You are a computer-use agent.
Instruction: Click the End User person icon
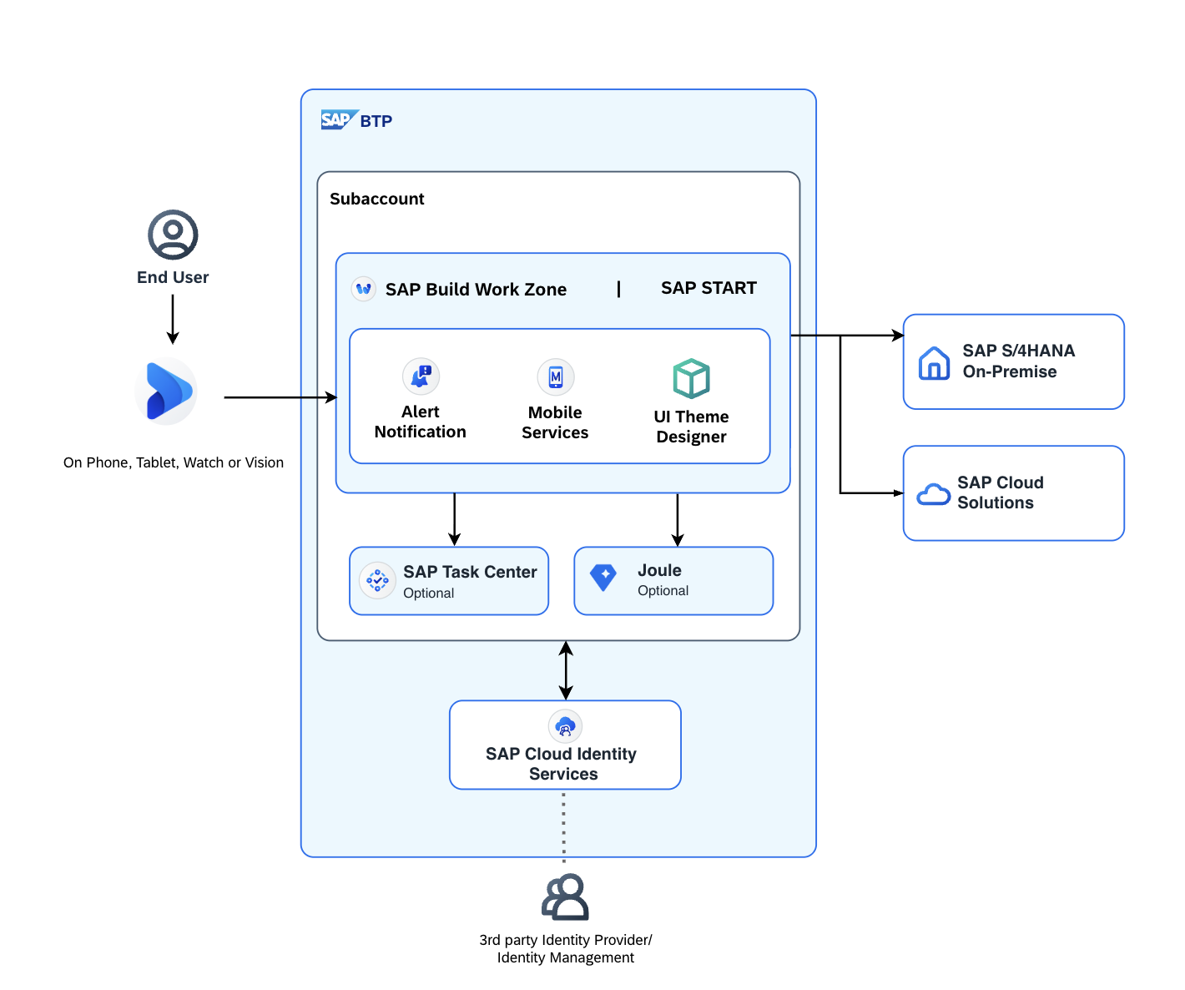coord(173,235)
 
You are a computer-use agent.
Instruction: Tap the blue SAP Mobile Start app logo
coord(166,391)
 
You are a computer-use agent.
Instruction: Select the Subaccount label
coord(377,199)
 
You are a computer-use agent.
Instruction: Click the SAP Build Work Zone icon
coord(363,289)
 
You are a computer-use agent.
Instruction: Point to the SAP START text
coord(708,288)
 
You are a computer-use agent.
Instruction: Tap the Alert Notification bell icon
coord(421,376)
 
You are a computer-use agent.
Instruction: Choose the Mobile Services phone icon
coord(556,376)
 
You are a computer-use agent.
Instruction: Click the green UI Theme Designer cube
coord(691,379)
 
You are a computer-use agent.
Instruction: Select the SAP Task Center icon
coord(377,580)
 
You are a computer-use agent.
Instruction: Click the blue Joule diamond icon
coord(603,578)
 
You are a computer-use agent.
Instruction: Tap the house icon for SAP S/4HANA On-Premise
coord(934,363)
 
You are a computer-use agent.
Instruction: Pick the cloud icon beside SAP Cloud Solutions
coord(933,494)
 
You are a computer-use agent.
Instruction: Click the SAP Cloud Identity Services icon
coord(565,726)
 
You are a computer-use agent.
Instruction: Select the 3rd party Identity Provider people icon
coord(565,897)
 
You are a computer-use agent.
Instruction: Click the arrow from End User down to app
coord(173,319)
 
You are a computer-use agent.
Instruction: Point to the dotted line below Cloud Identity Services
coord(563,826)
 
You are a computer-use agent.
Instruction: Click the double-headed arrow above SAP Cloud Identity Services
coord(566,670)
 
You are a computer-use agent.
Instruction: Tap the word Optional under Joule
coord(663,590)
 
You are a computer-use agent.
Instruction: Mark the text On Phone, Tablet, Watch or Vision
coord(173,462)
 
